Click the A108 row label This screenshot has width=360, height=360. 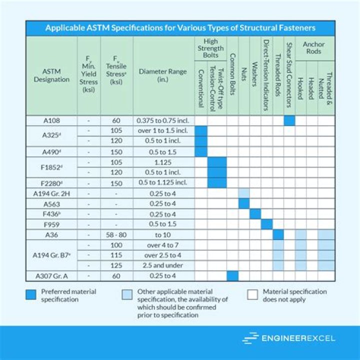52,120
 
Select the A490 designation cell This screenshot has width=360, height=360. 52,152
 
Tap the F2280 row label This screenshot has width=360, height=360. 52,183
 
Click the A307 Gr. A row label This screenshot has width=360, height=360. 52,276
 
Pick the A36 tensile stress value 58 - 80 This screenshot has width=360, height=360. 116,234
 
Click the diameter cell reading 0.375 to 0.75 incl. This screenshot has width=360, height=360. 163,120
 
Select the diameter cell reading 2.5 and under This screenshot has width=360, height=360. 163,265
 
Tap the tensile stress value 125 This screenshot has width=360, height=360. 116,265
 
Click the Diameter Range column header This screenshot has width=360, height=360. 163,75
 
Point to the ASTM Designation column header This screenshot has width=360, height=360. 52,75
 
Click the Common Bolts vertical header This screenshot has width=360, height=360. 232,75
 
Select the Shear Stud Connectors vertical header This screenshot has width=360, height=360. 289,75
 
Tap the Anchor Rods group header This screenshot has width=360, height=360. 313,48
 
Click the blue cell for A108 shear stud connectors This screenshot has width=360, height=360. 289,120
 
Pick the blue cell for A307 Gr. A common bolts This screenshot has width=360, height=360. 232,276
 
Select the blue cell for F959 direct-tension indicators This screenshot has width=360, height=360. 266,224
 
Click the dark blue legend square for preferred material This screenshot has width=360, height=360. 33,295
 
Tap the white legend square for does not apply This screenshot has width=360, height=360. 252,295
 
